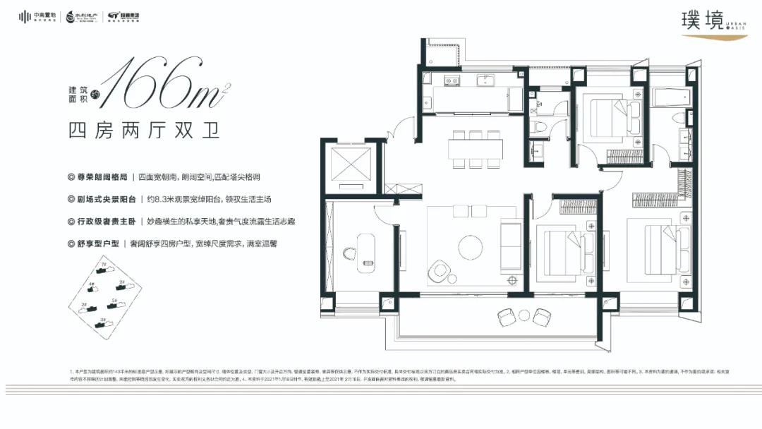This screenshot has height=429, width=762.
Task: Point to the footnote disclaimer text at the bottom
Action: coord(353,374)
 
